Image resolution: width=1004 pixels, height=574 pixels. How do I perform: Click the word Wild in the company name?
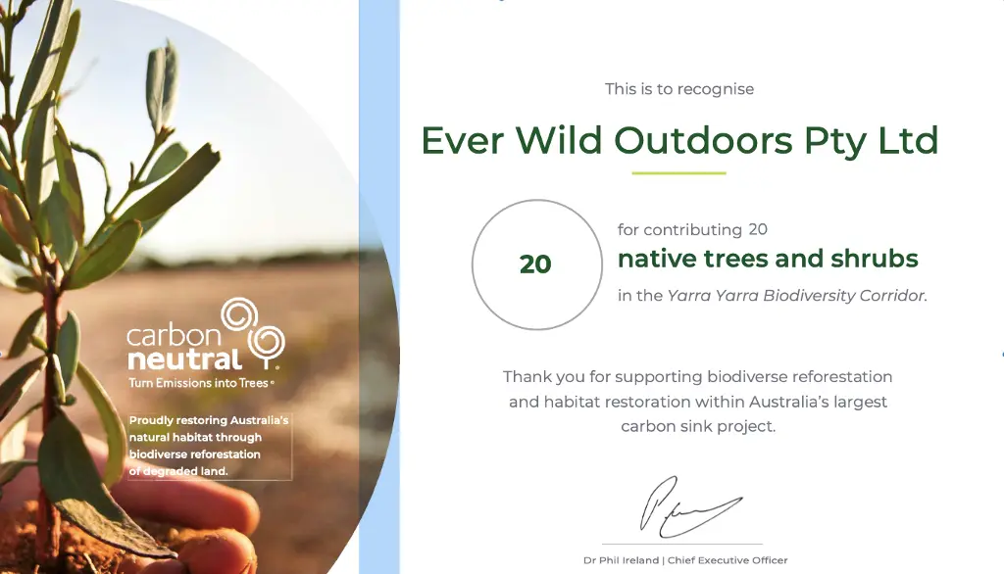pos(558,140)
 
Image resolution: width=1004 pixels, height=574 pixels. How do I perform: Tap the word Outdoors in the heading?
pos(703,140)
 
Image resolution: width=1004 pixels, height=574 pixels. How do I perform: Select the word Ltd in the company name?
pos(908,140)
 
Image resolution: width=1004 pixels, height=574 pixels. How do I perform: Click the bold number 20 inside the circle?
pos(535,264)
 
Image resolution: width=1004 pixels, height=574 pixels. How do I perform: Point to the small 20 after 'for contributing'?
pos(758,229)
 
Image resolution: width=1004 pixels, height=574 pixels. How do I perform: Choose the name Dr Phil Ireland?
pos(621,560)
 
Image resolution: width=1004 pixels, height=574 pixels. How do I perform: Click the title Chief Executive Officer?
pos(728,560)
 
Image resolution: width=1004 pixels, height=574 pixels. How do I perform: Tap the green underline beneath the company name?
pos(678,172)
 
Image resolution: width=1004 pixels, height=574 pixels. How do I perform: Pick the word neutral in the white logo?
pos(184,359)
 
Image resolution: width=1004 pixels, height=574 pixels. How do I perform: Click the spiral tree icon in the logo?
pos(254,333)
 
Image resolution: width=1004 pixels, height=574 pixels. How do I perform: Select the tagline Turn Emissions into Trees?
pos(198,383)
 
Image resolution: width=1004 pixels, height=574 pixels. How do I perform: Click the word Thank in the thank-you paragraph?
pos(525,376)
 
